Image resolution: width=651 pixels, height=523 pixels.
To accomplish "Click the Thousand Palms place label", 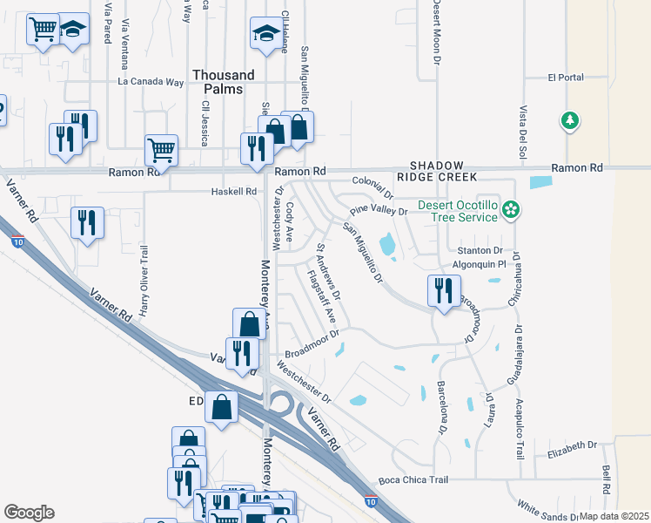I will click(224, 83).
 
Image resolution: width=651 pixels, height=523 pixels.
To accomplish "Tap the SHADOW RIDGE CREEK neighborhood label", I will click(443, 171).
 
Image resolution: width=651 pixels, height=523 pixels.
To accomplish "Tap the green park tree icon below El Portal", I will click(570, 120).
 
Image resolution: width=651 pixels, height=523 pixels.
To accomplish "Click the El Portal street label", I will click(566, 78).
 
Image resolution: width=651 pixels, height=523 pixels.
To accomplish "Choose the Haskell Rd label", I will click(234, 192).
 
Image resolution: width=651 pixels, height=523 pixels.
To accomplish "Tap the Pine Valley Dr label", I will click(379, 211).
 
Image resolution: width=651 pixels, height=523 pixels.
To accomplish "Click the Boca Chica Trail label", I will click(413, 480).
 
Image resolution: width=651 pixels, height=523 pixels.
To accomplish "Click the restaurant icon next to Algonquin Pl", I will click(444, 289).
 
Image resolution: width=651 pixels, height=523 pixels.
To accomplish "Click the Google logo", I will click(29, 513).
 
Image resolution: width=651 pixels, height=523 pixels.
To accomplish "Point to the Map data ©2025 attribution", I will click(613, 516).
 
